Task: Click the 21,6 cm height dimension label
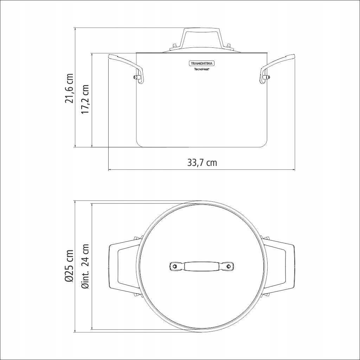(69, 88)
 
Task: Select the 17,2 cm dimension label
(85, 99)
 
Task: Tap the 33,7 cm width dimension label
(202, 162)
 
